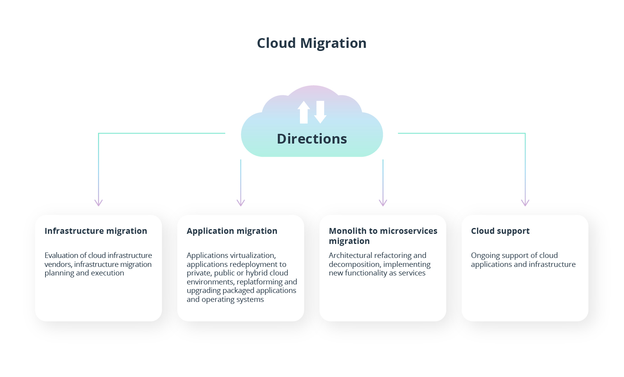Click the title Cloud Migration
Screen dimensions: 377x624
tap(312, 43)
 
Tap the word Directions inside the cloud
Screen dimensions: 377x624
tap(312, 139)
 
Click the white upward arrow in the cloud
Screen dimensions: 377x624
tap(303, 112)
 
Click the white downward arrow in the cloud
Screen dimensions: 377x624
tap(320, 112)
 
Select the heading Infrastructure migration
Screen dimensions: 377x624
tap(96, 231)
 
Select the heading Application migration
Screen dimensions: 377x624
tap(232, 231)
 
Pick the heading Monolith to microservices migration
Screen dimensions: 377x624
tap(383, 236)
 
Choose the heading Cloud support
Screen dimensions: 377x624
tap(500, 231)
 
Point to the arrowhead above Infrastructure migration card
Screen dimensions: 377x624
tap(98, 203)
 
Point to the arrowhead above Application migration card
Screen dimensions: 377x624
tap(241, 203)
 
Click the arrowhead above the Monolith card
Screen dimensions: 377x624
tap(383, 203)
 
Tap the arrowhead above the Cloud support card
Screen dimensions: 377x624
tap(525, 203)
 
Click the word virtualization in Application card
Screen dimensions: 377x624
tap(253, 256)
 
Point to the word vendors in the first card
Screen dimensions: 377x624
tap(57, 265)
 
